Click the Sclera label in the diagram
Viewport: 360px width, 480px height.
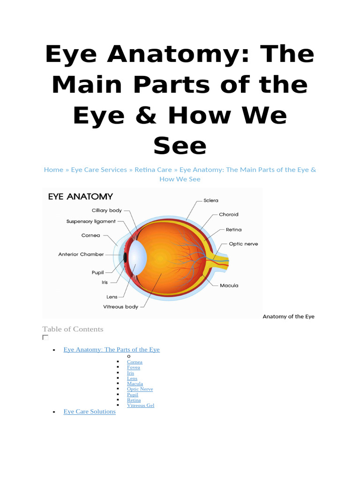point(210,200)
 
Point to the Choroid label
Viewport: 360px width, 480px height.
point(228,214)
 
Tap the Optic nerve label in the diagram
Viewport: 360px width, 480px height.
point(243,244)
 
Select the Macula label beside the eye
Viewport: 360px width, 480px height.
point(229,285)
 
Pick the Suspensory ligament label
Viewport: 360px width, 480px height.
point(91,221)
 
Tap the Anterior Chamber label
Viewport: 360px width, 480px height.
point(81,254)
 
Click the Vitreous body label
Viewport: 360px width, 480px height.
point(120,307)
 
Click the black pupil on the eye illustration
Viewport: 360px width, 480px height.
point(125,257)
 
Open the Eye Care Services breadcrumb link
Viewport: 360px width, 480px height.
point(99,170)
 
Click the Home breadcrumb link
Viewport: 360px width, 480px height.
point(53,170)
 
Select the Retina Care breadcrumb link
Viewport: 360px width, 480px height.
point(153,170)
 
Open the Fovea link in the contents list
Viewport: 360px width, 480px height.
point(133,367)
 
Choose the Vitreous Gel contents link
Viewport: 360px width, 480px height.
point(140,405)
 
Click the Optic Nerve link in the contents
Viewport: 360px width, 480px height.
point(140,389)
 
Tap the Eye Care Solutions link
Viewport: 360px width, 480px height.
point(90,412)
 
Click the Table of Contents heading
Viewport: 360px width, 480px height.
point(73,329)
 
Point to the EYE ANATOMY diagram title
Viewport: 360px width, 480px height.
point(80,196)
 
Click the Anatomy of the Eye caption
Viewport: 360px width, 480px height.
point(288,316)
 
